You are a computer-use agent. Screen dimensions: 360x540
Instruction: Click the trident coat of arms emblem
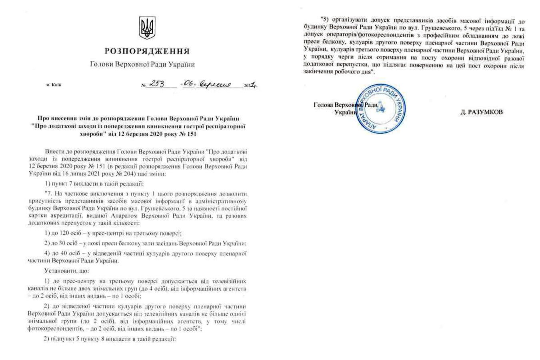(147, 28)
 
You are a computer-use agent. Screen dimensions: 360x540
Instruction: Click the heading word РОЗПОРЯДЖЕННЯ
(147, 51)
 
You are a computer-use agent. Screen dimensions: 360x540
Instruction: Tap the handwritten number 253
(158, 84)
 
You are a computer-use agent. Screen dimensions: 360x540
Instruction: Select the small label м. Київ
(54, 85)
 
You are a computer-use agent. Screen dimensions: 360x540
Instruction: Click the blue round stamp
(380, 108)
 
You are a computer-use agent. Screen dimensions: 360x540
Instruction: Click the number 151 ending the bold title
(190, 134)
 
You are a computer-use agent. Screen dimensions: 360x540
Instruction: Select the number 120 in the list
(64, 233)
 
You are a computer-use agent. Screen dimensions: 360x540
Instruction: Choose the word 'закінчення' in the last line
(318, 72)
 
